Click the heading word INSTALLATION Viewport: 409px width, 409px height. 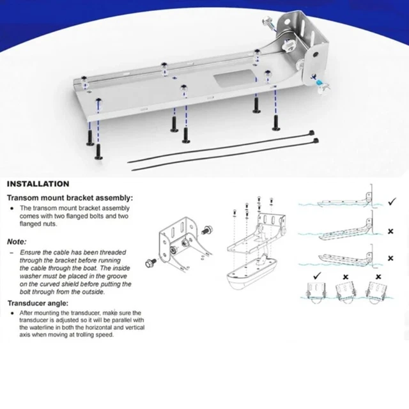pyautogui.click(x=38, y=183)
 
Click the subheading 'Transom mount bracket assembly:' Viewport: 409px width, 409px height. pyautogui.click(x=70, y=198)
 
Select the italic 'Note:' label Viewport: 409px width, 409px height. pyautogui.click(x=17, y=242)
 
